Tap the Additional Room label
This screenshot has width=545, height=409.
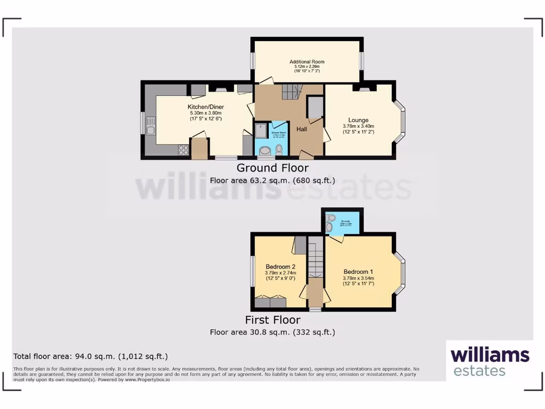point(307,62)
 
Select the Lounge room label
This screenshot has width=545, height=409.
point(358,120)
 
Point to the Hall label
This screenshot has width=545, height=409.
point(302,129)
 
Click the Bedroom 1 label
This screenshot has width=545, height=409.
point(358,271)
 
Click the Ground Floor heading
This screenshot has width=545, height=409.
point(272,168)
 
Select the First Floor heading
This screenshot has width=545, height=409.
point(272,320)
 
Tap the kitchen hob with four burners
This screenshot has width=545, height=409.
point(184,150)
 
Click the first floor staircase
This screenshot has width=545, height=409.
point(316,258)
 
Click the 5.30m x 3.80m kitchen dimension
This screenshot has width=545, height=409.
point(205,113)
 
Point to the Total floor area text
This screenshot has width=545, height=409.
point(93,356)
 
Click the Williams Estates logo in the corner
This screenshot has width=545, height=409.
point(490,361)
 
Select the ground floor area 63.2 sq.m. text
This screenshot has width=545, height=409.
point(272,181)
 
